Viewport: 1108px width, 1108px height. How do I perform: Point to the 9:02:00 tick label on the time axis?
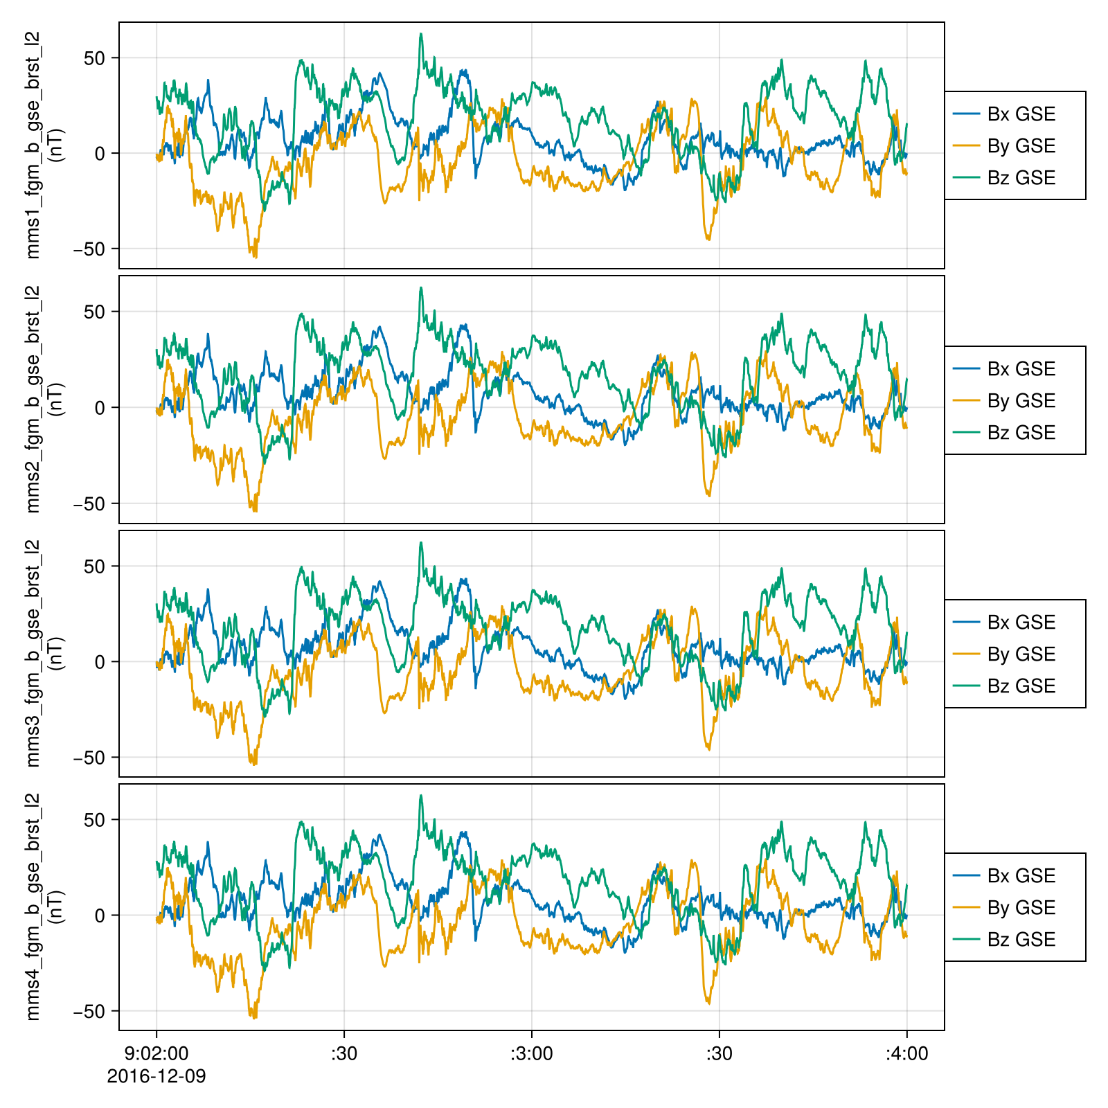pyautogui.click(x=157, y=1054)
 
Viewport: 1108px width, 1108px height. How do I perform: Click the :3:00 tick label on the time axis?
pyautogui.click(x=532, y=1054)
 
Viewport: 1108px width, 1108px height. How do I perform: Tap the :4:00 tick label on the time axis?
pyautogui.click(x=906, y=1054)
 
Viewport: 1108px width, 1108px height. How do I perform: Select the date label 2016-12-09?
pyautogui.click(x=157, y=1077)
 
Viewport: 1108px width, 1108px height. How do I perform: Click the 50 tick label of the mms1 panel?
pyautogui.click(x=94, y=58)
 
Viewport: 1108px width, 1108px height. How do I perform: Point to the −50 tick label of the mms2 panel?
pyautogui.click(x=89, y=503)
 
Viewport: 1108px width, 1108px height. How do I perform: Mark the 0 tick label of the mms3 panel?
pyautogui.click(x=100, y=662)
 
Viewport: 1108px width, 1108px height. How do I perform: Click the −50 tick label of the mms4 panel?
pyautogui.click(x=89, y=1011)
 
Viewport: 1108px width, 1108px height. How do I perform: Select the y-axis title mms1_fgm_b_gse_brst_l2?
pyautogui.click(x=33, y=145)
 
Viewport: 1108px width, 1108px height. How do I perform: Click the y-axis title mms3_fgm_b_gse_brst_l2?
pyautogui.click(x=33, y=653)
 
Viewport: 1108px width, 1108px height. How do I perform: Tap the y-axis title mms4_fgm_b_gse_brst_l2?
pyautogui.click(x=33, y=906)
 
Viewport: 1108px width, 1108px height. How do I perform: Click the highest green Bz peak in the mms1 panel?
pyautogui.click(x=420, y=34)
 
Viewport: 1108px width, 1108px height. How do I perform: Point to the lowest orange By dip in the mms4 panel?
pyautogui.click(x=255, y=1018)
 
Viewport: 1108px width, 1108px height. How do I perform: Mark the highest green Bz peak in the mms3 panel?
pyautogui.click(x=420, y=543)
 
